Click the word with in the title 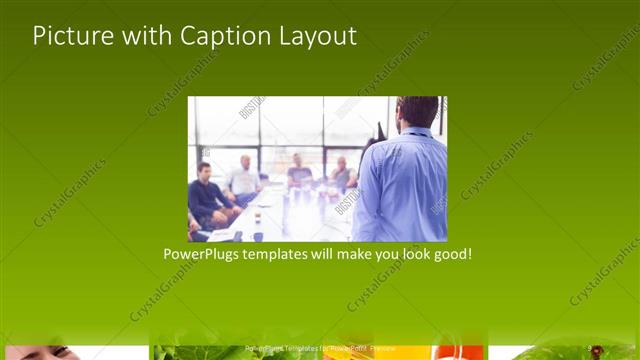144,36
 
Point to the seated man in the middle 299,174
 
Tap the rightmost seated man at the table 343,174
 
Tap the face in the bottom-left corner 40,352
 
